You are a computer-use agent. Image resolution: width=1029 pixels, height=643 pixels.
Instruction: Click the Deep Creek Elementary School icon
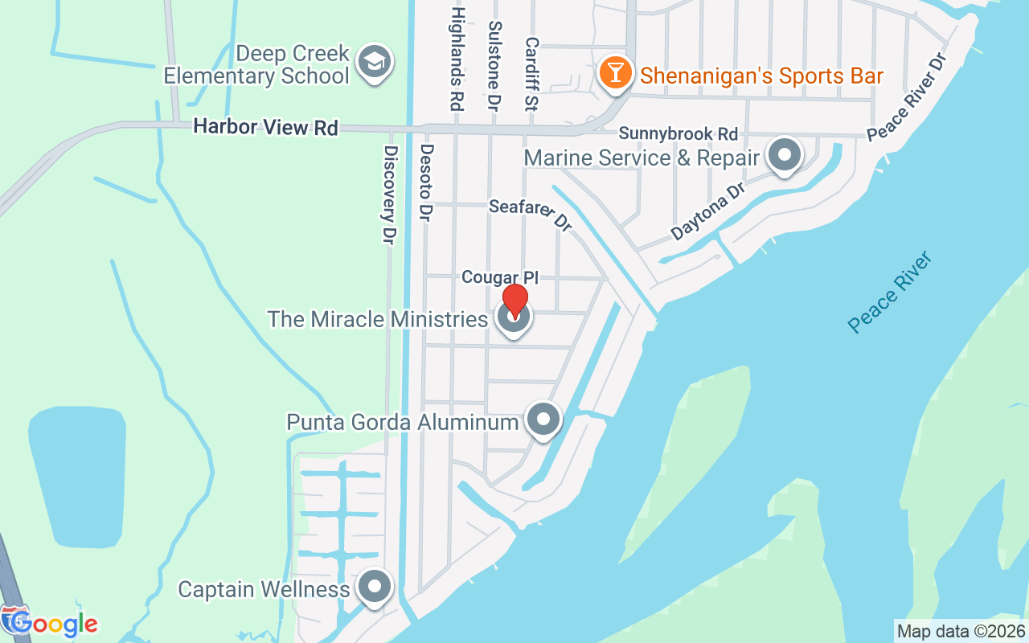point(374,62)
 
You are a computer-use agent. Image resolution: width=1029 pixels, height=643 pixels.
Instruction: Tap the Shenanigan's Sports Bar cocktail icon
point(615,73)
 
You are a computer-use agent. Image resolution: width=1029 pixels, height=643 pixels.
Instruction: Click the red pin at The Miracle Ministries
point(514,301)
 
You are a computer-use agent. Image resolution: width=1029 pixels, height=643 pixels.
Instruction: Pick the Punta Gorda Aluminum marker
point(543,420)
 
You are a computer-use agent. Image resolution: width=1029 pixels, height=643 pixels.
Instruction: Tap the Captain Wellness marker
point(374,588)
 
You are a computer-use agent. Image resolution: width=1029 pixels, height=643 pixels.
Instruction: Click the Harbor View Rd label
point(265,127)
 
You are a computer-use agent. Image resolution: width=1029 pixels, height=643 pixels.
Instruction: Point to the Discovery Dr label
point(390,195)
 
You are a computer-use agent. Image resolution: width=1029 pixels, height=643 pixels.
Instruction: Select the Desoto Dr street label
point(427,182)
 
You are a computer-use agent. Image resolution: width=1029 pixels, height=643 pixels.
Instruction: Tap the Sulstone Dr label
point(494,66)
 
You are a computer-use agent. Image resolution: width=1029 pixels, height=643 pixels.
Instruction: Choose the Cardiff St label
point(531,74)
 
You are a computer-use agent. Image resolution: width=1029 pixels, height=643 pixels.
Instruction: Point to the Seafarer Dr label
point(531,215)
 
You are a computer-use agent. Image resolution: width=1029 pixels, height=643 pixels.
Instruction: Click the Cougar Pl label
point(499,277)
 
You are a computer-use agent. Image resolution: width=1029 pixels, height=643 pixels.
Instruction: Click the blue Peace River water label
point(891,292)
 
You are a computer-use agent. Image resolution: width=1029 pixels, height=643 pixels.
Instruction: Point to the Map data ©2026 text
point(961,631)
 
